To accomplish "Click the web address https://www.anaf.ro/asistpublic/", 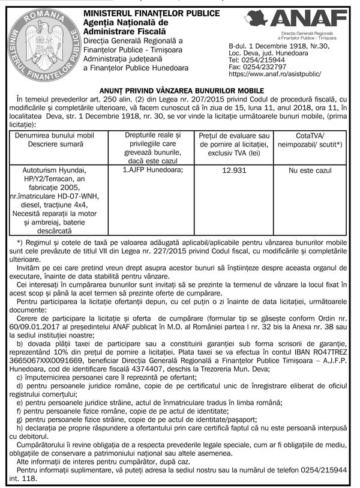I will pos(275,76).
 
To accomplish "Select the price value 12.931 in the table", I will pos(233,171).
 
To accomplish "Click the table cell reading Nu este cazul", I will pos(310,171).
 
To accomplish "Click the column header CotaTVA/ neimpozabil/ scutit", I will pos(310,141).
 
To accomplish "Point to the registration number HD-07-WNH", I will pos(82,196).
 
